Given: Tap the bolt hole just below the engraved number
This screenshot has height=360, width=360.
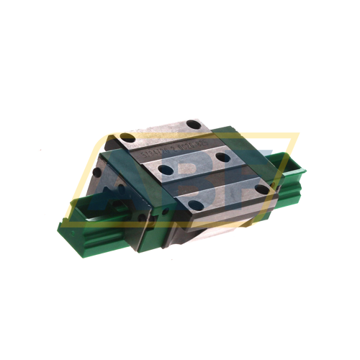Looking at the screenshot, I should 166,171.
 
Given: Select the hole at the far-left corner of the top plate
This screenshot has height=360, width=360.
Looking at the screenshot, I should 127,137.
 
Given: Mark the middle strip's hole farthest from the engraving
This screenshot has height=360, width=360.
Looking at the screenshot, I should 222,157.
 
